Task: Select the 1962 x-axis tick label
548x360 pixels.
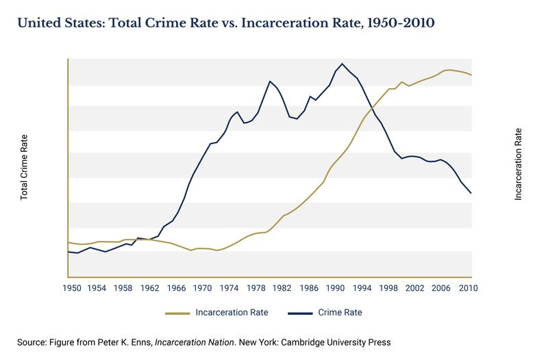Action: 149,287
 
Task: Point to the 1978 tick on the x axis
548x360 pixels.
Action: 256,287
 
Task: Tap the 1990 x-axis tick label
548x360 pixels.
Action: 336,287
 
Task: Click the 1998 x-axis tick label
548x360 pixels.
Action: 390,287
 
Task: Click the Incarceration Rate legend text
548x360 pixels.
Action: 232,313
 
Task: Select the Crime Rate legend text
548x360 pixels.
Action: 340,313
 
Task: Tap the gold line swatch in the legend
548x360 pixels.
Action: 177,313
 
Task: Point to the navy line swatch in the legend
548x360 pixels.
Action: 300,313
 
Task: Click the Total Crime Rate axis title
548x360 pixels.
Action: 24,167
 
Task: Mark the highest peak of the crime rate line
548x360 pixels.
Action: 342,64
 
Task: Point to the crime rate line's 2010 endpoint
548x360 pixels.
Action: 471,193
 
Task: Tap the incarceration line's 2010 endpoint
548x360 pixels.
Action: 471,75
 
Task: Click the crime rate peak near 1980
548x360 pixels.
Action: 270,81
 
